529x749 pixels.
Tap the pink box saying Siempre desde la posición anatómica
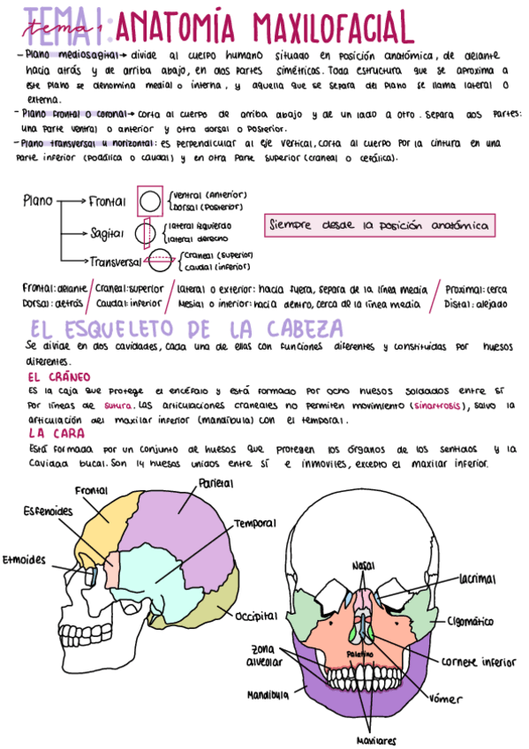pyautogui.click(x=380, y=225)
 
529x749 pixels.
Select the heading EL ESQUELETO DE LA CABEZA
pyautogui.click(x=185, y=329)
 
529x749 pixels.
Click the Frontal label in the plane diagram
pyautogui.click(x=107, y=201)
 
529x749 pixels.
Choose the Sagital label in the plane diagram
pyautogui.click(x=107, y=232)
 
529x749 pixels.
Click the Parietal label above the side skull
pyautogui.click(x=215, y=484)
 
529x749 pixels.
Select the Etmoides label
pyautogui.click(x=24, y=559)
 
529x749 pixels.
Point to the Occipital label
pyautogui.click(x=257, y=615)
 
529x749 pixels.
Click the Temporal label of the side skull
pyautogui.click(x=254, y=524)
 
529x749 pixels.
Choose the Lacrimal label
pyautogui.click(x=477, y=579)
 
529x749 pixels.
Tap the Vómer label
pyautogui.click(x=445, y=700)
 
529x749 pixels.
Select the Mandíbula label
pyautogui.click(x=268, y=695)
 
